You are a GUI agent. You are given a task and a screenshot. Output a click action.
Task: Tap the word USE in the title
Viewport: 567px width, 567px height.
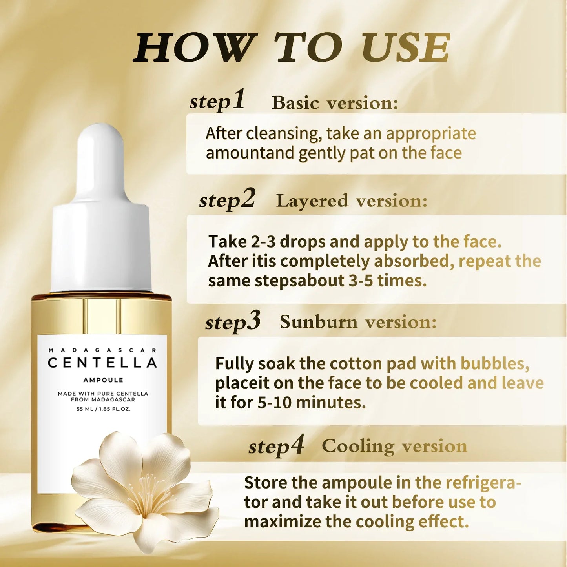405,47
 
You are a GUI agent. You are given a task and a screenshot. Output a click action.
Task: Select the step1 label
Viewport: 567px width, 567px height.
217,100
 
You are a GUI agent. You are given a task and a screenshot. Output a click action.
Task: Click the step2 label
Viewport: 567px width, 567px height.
227,199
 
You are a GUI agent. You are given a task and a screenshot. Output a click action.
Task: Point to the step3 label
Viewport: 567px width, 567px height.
233,322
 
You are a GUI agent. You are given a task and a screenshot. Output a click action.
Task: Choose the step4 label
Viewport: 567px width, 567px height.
276,446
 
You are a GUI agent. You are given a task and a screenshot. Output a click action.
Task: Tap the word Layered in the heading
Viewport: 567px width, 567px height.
312,201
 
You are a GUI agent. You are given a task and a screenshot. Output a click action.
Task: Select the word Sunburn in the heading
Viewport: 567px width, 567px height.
318,322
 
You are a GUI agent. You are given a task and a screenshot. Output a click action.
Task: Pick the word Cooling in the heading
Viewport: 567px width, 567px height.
358,447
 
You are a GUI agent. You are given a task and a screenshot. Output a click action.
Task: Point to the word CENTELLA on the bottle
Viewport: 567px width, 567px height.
102,363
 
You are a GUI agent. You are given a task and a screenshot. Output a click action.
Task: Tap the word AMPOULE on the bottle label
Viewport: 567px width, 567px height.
103,380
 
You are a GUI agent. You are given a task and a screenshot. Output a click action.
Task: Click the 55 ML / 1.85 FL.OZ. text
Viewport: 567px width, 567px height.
103,409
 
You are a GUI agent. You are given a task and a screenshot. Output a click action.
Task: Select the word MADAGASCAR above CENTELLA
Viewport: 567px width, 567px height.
102,350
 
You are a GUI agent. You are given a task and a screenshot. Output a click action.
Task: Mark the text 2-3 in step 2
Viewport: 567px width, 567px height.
263,242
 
